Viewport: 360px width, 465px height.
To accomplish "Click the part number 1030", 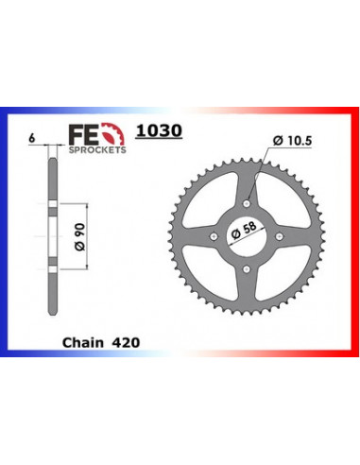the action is (159, 130).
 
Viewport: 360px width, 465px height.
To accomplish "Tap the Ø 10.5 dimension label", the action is (292, 140).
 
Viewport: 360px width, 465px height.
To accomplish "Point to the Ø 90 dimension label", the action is (80, 236).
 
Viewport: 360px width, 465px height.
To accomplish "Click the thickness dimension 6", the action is (31, 138).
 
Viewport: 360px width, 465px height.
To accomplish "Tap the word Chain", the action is (83, 342).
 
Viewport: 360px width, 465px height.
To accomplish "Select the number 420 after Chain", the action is (126, 342).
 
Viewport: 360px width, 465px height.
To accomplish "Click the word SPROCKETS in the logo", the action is (97, 149).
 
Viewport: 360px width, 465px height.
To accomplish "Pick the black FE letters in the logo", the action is (84, 135).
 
